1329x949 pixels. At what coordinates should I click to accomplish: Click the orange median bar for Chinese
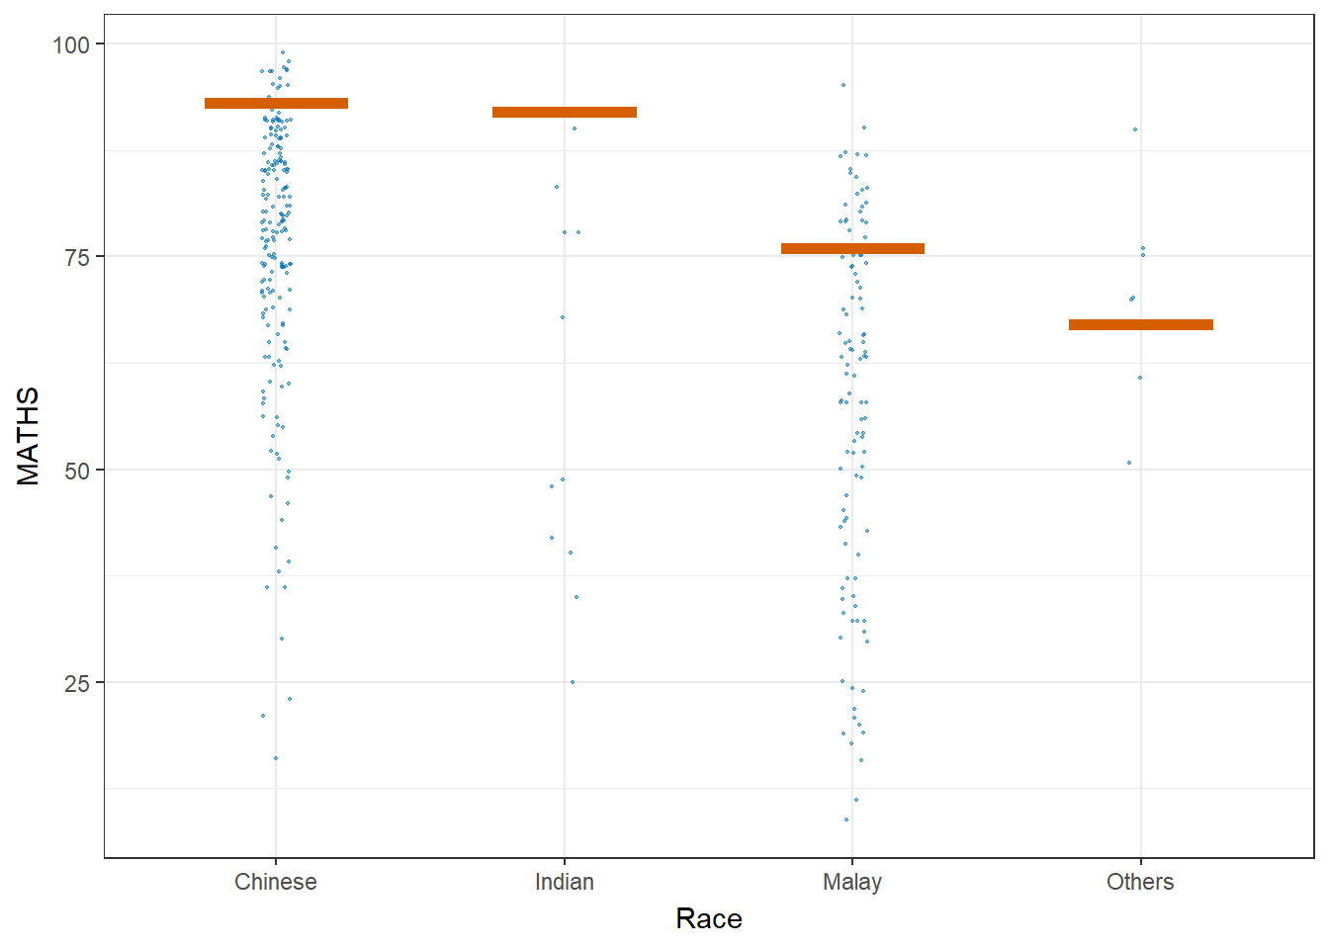click(x=276, y=103)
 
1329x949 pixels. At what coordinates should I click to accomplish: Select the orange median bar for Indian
click(x=565, y=112)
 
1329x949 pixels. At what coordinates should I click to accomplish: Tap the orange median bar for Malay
click(x=852, y=248)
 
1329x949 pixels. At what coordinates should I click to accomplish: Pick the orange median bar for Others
click(x=1140, y=324)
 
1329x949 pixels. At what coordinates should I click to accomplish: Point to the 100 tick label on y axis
click(x=71, y=44)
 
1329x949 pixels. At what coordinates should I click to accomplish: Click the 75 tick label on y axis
click(x=77, y=257)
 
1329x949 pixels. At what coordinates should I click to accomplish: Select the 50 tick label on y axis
click(x=77, y=471)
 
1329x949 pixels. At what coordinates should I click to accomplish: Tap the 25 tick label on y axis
click(x=77, y=683)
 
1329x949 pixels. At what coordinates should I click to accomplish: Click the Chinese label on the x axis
click(x=276, y=882)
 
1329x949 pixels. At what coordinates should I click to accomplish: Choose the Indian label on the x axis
click(x=565, y=882)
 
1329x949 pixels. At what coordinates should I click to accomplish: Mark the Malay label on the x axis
click(x=852, y=882)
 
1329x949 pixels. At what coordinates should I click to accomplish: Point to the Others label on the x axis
click(x=1140, y=882)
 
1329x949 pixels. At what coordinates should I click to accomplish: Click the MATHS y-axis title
click(x=29, y=436)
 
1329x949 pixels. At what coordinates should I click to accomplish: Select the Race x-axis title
click(x=709, y=918)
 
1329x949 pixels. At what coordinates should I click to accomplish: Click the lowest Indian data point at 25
click(x=573, y=682)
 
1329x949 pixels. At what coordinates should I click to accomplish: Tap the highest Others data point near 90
click(x=1135, y=129)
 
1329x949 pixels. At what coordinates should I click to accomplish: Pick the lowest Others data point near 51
click(x=1129, y=463)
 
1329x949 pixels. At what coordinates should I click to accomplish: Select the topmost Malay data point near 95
click(x=843, y=85)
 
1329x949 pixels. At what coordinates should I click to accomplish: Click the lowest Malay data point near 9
click(x=846, y=820)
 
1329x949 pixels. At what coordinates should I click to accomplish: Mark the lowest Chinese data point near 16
click(x=276, y=758)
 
